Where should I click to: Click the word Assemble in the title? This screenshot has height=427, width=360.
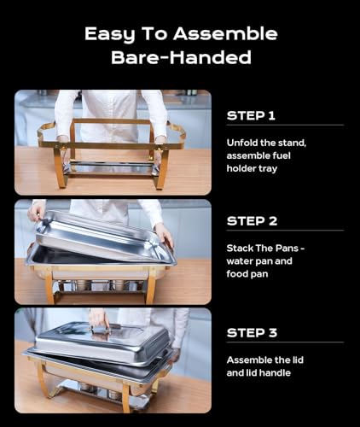point(235,34)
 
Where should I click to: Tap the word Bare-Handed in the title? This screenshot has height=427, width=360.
point(180,59)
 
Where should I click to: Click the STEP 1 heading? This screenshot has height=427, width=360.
point(252,115)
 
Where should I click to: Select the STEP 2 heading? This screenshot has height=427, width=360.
point(252,221)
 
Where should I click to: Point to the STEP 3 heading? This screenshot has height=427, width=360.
point(252,331)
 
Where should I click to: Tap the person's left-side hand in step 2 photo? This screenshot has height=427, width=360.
point(37,212)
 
